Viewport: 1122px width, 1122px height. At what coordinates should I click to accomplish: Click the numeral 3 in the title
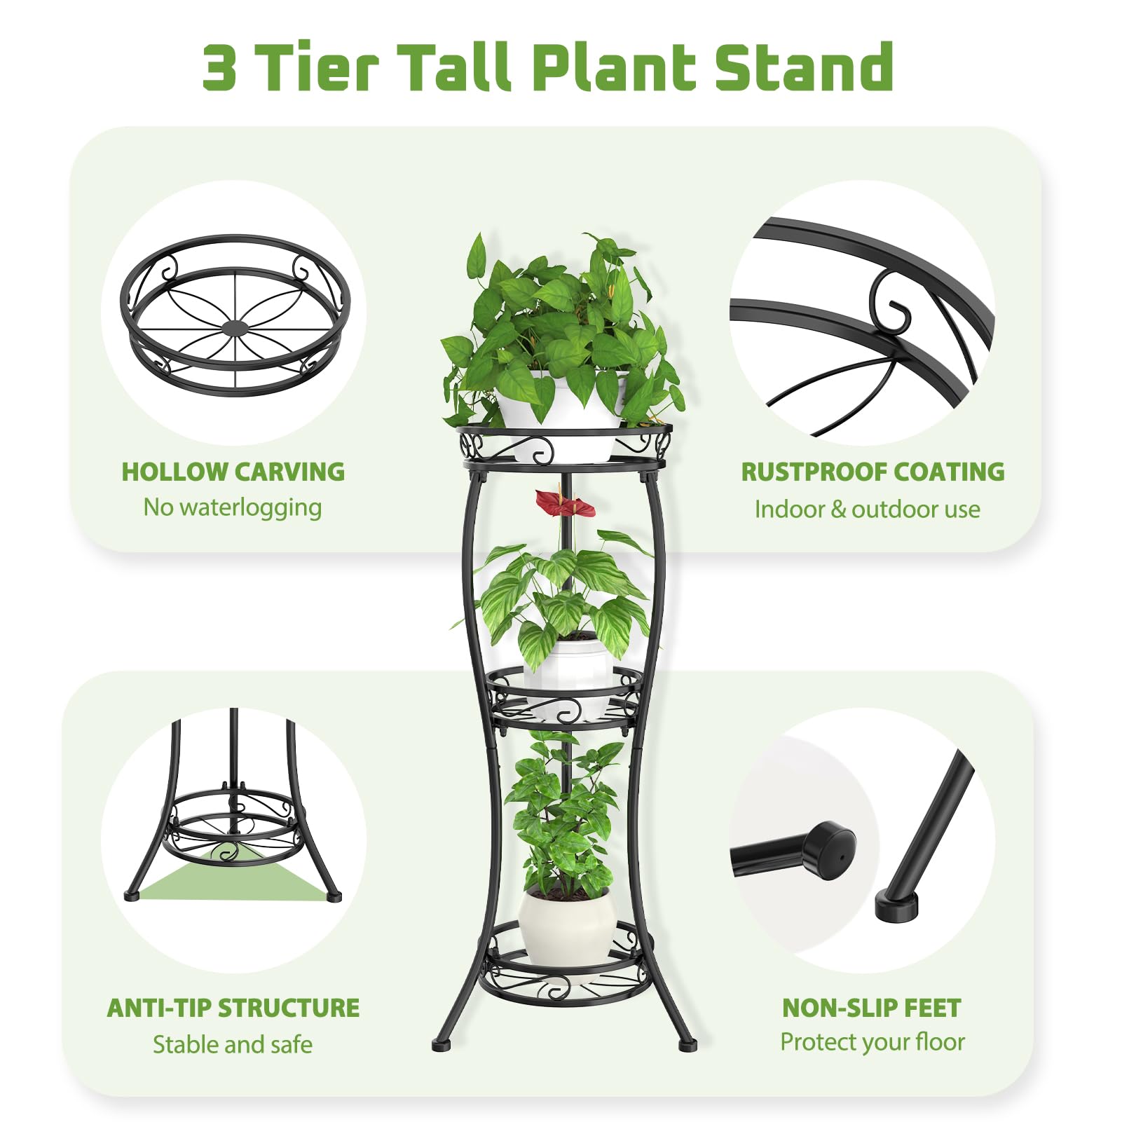click(x=219, y=67)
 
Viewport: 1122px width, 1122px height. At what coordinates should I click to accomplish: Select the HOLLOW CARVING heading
click(x=233, y=472)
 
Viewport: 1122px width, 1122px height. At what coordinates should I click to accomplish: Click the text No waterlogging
click(x=233, y=507)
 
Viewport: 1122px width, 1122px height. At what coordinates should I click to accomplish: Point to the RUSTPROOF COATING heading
click(x=873, y=472)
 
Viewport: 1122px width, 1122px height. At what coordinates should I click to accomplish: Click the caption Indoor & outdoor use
click(x=868, y=509)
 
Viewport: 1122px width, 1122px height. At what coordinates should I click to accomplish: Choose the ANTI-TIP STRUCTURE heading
click(x=233, y=1008)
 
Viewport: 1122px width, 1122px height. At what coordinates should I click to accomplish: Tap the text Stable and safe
click(x=233, y=1044)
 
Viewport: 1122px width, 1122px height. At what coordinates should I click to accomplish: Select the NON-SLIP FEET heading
click(x=872, y=1008)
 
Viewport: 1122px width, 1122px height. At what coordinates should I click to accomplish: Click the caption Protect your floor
click(x=873, y=1042)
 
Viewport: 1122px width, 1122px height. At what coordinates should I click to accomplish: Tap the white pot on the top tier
click(x=561, y=413)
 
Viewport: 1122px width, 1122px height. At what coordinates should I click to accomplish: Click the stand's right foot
click(x=687, y=1045)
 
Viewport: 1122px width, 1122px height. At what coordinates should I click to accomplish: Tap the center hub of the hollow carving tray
click(x=235, y=328)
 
